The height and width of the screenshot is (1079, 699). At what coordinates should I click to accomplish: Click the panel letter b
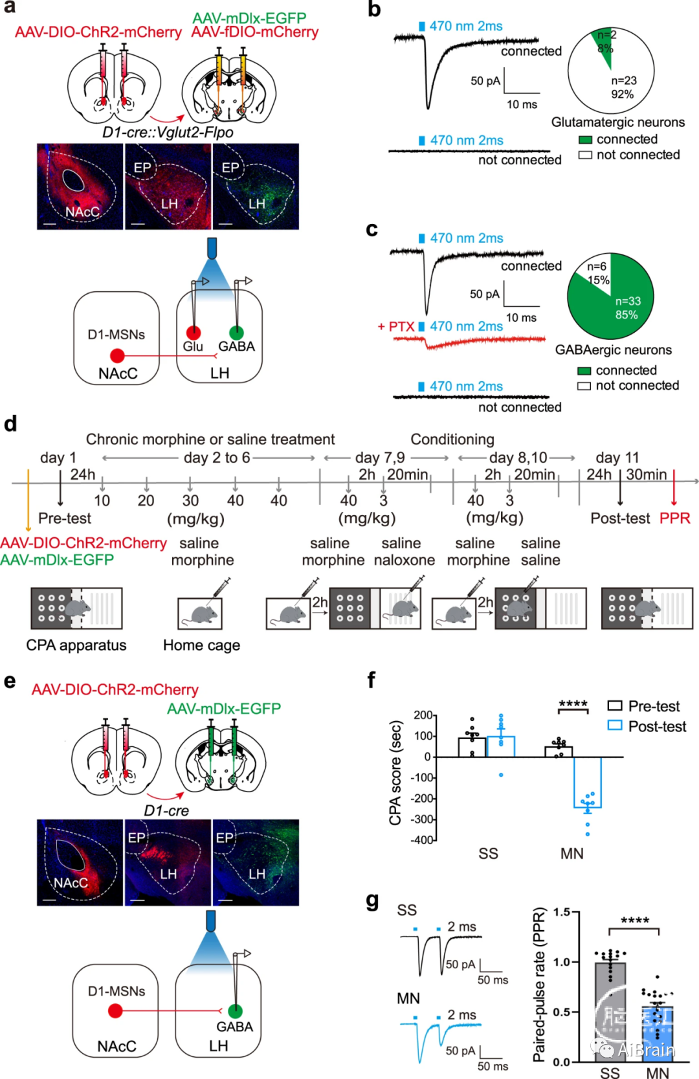[374, 9]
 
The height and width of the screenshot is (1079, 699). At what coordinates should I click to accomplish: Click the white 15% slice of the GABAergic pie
[595, 272]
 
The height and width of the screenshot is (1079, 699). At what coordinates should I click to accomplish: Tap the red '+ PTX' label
[396, 327]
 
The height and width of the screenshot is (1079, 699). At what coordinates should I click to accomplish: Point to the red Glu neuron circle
[194, 332]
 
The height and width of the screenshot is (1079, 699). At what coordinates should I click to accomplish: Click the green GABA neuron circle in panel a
[236, 332]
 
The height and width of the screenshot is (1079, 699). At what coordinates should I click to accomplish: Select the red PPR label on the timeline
[674, 518]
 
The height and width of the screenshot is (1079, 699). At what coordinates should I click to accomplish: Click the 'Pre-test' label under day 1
[65, 518]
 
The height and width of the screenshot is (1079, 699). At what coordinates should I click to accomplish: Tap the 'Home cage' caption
[201, 645]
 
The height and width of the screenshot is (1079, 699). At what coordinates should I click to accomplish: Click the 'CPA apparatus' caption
[76, 645]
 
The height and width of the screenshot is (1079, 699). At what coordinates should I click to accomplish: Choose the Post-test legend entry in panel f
[647, 726]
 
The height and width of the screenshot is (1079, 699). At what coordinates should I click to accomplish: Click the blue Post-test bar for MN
[587, 783]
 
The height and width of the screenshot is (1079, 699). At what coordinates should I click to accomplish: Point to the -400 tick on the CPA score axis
[423, 840]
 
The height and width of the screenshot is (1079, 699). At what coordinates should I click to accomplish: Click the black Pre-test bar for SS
[472, 747]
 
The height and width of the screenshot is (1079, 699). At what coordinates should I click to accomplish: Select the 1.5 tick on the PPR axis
[561, 912]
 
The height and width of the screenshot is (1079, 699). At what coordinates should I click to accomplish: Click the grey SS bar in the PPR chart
[610, 1012]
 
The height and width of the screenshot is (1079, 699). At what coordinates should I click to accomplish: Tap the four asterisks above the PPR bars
[634, 922]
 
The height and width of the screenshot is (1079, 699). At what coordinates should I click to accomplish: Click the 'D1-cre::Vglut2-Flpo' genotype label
[168, 133]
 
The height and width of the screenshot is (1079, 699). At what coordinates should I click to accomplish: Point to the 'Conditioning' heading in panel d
[452, 439]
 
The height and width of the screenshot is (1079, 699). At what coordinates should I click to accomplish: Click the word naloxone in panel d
[404, 560]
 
